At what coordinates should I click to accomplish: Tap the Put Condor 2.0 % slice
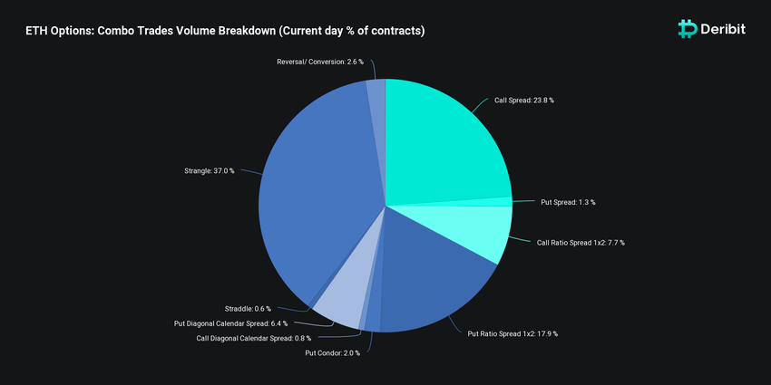[x=373, y=319]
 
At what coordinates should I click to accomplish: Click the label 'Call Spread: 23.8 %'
[x=523, y=101]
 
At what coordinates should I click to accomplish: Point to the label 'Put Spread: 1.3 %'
[x=568, y=202]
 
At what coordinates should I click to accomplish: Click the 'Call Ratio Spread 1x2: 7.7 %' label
[x=581, y=243]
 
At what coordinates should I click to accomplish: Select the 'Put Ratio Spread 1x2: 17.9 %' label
[x=512, y=333]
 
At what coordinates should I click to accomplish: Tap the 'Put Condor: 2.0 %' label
[x=332, y=352]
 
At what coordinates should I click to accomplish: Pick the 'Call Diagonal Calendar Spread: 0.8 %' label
[x=253, y=338]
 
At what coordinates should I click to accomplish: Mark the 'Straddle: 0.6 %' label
[x=248, y=309]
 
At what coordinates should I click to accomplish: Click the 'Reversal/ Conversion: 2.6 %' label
[x=319, y=62]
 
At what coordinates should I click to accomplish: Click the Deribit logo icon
[x=688, y=29]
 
